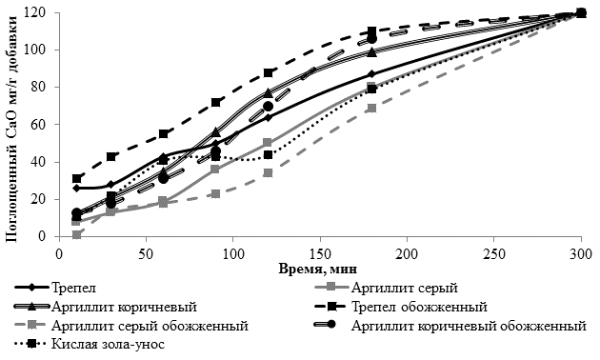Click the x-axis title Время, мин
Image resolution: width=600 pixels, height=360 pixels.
317,269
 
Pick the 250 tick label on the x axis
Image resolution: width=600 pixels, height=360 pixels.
493,254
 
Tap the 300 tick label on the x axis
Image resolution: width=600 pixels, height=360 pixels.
581,254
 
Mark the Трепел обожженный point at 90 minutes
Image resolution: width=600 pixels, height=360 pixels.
216,103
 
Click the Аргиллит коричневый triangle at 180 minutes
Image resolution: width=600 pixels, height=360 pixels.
372,52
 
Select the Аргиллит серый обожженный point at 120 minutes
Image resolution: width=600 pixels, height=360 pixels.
269,173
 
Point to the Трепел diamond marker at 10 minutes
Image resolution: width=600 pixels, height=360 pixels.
76,189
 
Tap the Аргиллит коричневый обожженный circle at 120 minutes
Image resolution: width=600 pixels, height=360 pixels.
269,107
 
